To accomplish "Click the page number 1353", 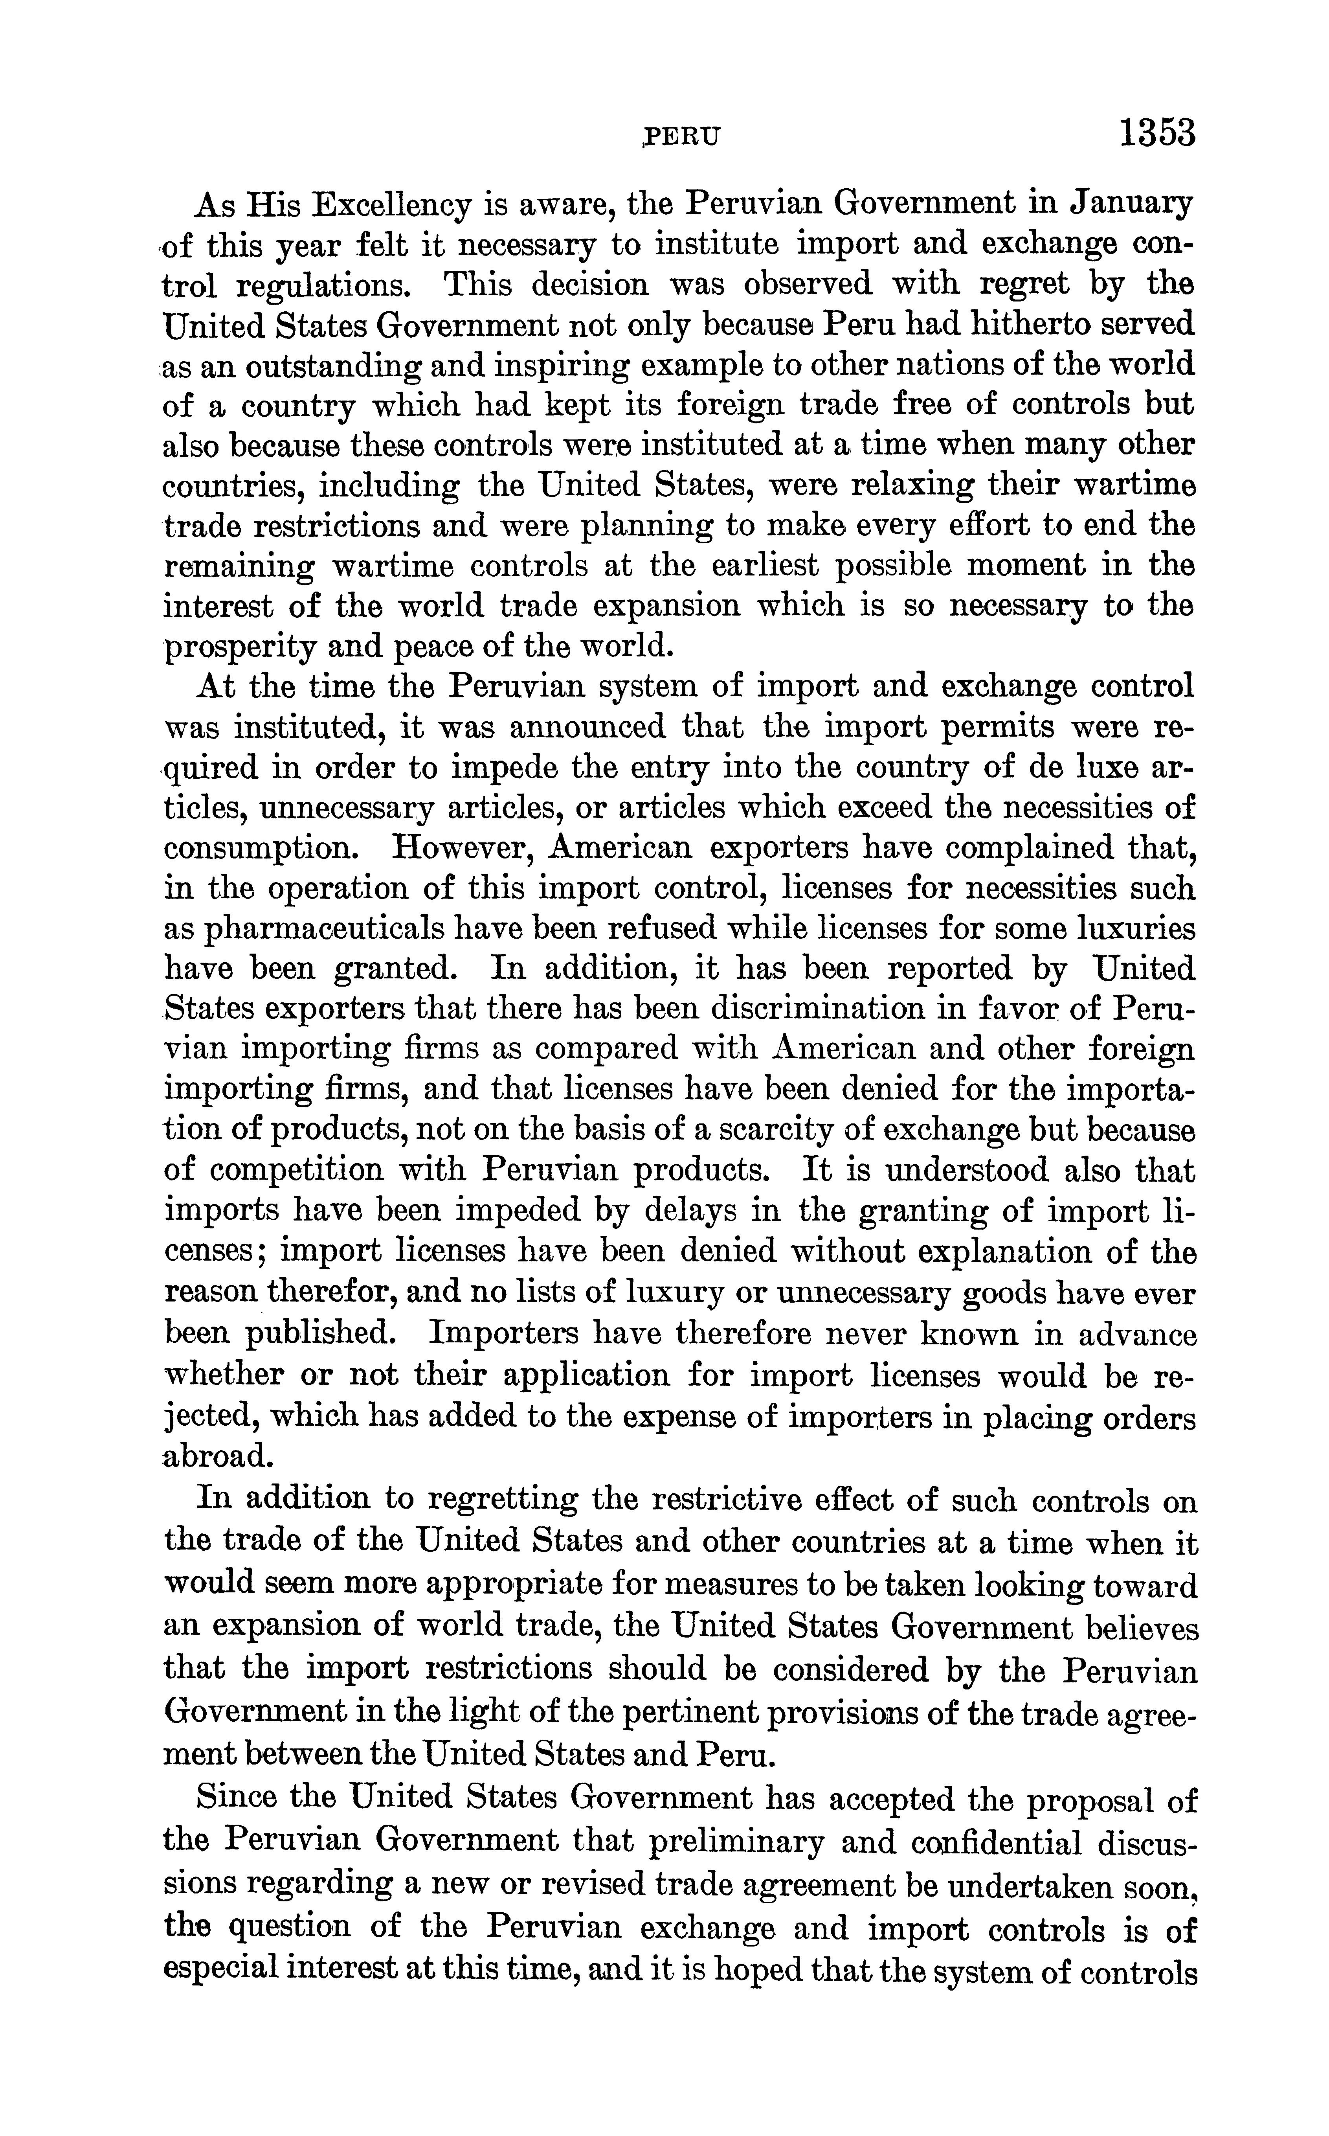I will click(x=1157, y=134).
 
